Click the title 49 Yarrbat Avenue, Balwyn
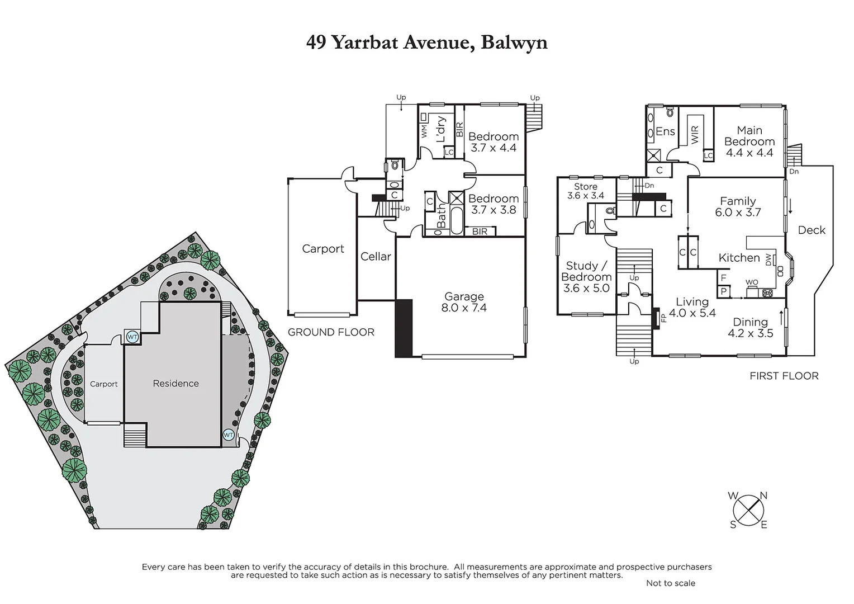pyautogui.click(x=426, y=43)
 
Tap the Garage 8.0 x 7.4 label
pyautogui.click(x=464, y=302)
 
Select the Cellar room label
pyautogui.click(x=376, y=257)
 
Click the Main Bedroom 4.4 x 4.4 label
pyautogui.click(x=749, y=141)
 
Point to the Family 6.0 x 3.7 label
pyautogui.click(x=738, y=206)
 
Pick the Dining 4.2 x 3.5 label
pyautogui.click(x=750, y=327)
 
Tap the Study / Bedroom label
pyautogui.click(x=586, y=277)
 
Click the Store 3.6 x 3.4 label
pyautogui.click(x=586, y=191)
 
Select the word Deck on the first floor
pyautogui.click(x=811, y=230)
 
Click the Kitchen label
pyautogui.click(x=739, y=258)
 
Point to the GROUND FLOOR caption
pyautogui.click(x=331, y=332)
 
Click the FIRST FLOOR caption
pyautogui.click(x=784, y=376)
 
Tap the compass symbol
pyautogui.click(x=748, y=509)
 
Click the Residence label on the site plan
pyautogui.click(x=175, y=384)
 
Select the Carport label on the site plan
pyautogui.click(x=104, y=384)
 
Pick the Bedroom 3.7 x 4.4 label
pyautogui.click(x=493, y=142)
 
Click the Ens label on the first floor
pyautogui.click(x=665, y=131)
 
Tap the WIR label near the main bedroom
pyautogui.click(x=695, y=135)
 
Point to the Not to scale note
pyautogui.click(x=670, y=583)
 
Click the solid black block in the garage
pyautogui.click(x=404, y=328)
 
